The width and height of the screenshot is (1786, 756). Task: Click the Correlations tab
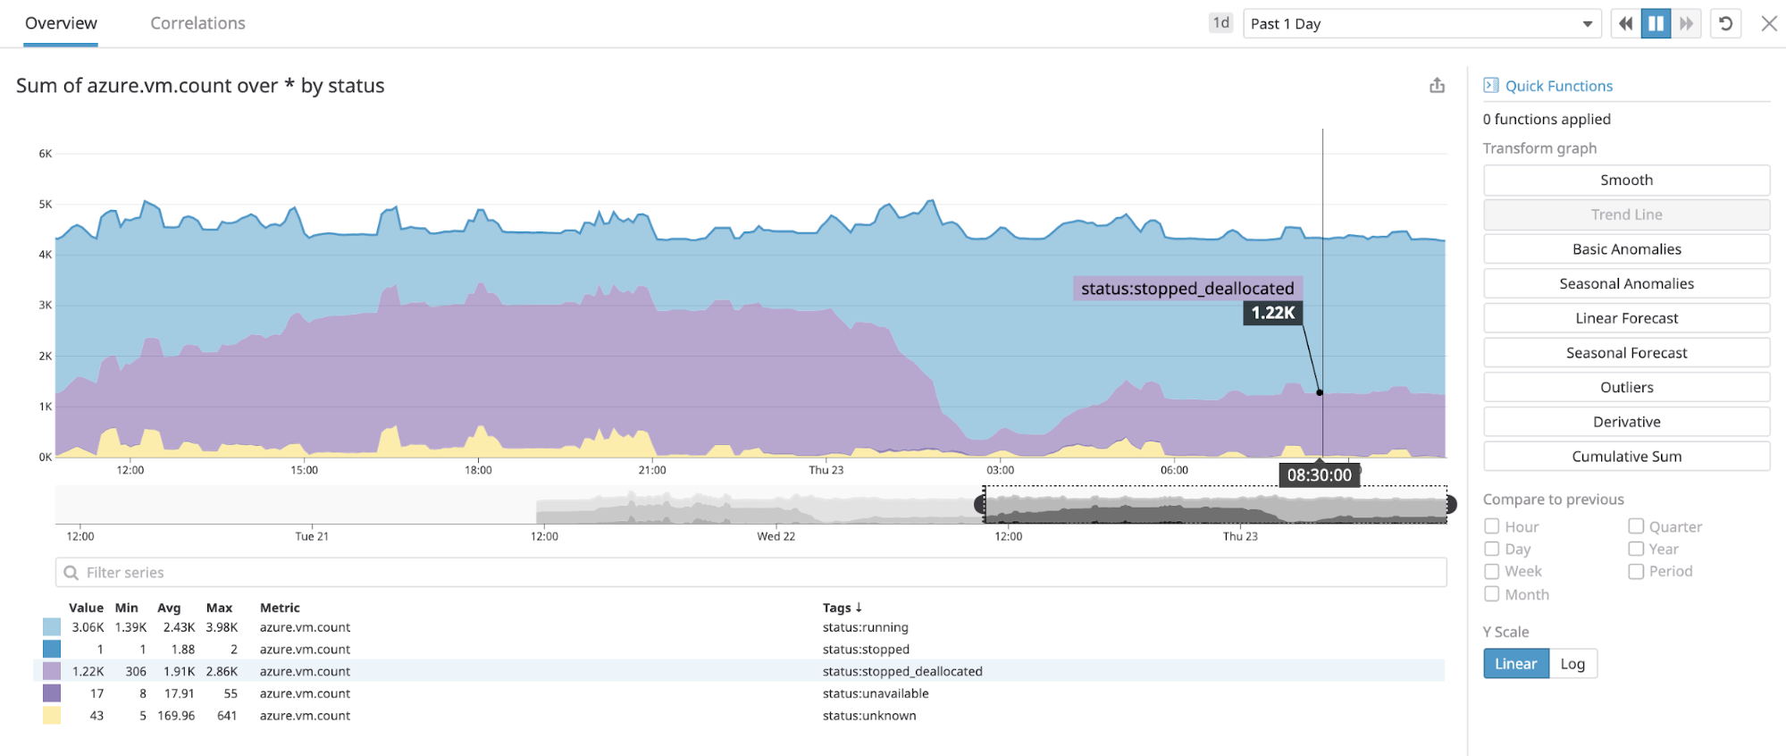(x=197, y=23)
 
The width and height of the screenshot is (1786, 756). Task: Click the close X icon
(x=1768, y=24)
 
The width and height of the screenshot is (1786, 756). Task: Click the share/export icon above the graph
(x=1437, y=86)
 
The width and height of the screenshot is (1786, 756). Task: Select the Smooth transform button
(x=1625, y=181)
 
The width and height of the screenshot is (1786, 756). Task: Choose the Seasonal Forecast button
(x=1625, y=353)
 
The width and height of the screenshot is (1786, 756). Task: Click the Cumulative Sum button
(x=1625, y=457)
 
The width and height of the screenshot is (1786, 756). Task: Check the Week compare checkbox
(x=1492, y=571)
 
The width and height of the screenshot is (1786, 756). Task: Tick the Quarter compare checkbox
(x=1636, y=526)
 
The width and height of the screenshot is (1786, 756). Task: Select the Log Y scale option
(x=1572, y=664)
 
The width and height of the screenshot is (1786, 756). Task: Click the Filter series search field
(x=750, y=573)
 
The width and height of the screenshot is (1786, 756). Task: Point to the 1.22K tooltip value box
(x=1272, y=313)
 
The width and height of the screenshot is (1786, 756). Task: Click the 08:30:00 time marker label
(x=1319, y=475)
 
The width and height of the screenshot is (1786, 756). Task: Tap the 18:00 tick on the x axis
(x=478, y=470)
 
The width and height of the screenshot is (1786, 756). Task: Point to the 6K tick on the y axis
(x=46, y=154)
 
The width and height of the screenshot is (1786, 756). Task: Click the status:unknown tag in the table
(x=868, y=716)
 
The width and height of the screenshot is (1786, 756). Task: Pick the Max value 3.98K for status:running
(x=222, y=627)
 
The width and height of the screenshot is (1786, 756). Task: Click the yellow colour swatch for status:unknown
(x=52, y=716)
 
